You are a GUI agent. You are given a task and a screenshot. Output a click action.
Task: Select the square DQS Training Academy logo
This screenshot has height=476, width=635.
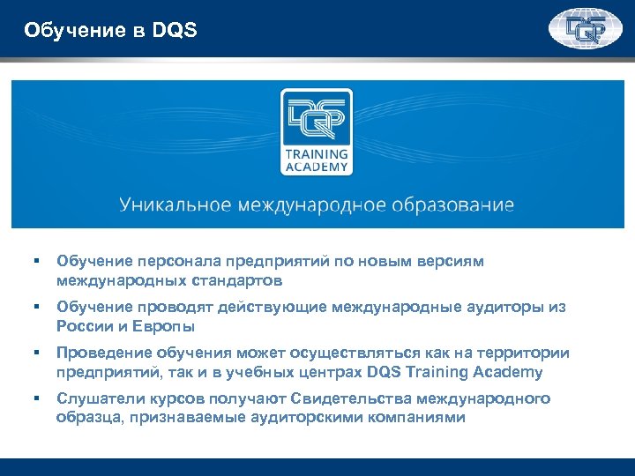click(x=315, y=132)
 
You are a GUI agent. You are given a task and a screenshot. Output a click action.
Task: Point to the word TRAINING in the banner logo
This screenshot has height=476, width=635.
click(x=316, y=153)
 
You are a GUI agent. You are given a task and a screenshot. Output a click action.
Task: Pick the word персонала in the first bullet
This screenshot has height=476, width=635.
click(x=176, y=262)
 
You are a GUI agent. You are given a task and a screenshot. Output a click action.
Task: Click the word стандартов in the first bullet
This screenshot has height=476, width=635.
click(x=238, y=281)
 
